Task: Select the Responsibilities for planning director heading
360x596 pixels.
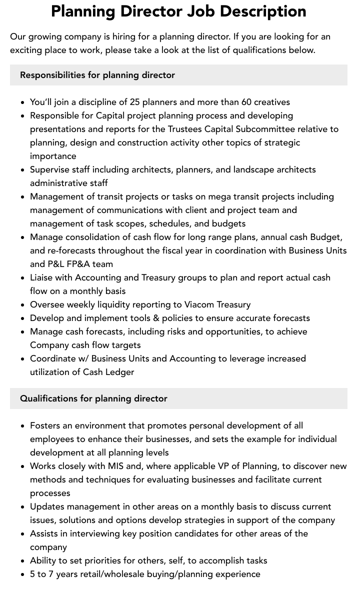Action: [97, 75]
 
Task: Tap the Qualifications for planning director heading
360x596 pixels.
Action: [93, 398]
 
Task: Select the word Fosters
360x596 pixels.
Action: [45, 425]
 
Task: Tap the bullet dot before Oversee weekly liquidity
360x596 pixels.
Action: [23, 305]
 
